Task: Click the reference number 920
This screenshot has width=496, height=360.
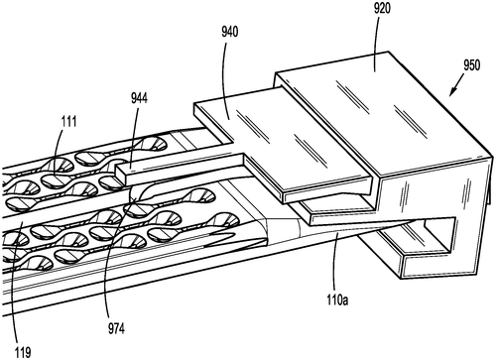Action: (382, 9)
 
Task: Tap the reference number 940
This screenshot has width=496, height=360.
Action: (230, 32)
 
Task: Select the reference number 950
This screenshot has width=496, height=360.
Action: (471, 65)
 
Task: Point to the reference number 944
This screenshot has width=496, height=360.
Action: (139, 98)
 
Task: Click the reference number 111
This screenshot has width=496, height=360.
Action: (68, 122)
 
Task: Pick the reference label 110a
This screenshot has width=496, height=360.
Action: (337, 300)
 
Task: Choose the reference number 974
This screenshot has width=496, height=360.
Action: (116, 328)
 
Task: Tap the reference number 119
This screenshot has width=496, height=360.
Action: (23, 352)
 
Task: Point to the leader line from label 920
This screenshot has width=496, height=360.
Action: (375, 43)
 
